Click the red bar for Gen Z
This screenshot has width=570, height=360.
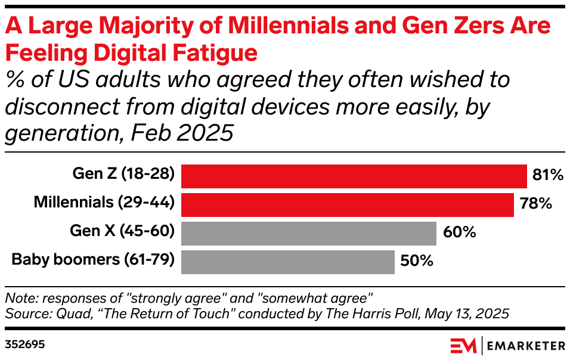pos(354,176)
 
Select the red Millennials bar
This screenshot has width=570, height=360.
pos(347,204)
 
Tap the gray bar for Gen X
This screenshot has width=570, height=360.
pos(308,233)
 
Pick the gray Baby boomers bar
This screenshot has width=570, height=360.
pos(287,262)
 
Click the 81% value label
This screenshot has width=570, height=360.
pos(548,175)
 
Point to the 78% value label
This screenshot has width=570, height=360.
pos(535,204)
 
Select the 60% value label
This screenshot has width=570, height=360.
pos(460,232)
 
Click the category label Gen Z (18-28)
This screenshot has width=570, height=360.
pos(123,174)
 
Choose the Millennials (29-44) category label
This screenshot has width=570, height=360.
pos(104,203)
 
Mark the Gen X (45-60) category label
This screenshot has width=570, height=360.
pos(122,231)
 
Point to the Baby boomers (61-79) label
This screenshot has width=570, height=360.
pos(93,260)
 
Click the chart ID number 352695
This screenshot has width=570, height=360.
pos(25,345)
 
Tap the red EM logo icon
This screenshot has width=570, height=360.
pos(463,346)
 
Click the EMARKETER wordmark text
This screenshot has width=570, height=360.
pos(526,346)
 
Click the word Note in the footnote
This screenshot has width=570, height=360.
pos(18,297)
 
